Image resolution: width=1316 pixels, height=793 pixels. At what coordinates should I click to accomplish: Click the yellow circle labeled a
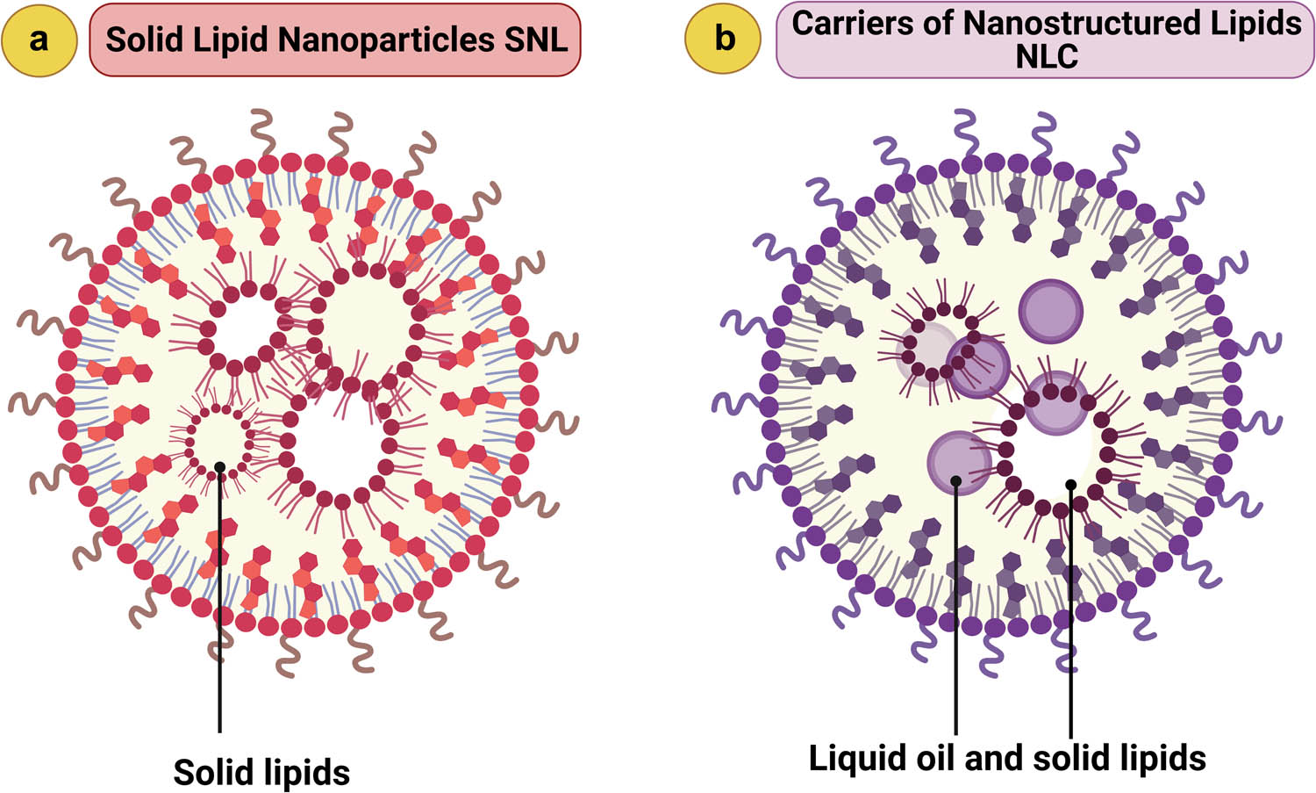pyautogui.click(x=39, y=40)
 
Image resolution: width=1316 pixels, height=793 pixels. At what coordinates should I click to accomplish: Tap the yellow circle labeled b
pyautogui.click(x=724, y=40)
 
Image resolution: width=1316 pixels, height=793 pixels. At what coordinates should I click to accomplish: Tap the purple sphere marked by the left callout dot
pyautogui.click(x=958, y=463)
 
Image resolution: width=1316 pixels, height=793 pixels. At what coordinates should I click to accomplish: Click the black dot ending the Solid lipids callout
pyautogui.click(x=219, y=467)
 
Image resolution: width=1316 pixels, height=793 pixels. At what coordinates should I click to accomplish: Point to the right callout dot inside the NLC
pyautogui.click(x=1071, y=484)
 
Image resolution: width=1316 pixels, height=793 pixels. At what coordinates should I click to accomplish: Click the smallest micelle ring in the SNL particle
pyautogui.click(x=219, y=439)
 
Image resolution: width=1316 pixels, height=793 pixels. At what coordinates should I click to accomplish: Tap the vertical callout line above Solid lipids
pyautogui.click(x=219, y=615)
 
